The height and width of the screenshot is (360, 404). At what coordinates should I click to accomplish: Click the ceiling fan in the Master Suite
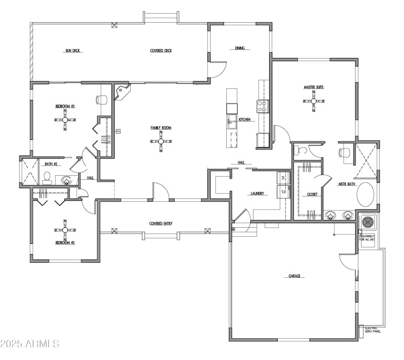[x=313, y=100]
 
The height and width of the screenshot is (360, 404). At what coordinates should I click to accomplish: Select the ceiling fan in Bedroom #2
[x=65, y=230]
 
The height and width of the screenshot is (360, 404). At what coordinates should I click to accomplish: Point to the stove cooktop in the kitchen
[x=263, y=106]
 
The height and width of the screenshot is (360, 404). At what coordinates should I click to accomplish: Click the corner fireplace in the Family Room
[x=123, y=92]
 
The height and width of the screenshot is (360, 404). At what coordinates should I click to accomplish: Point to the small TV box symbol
[x=118, y=131]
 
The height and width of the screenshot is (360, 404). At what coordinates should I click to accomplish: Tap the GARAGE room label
[x=294, y=276]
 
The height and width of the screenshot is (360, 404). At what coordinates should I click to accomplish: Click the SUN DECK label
[x=73, y=50]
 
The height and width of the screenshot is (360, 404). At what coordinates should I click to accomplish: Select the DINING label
[x=239, y=48]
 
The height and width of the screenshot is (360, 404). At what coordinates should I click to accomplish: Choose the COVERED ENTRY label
[x=161, y=223]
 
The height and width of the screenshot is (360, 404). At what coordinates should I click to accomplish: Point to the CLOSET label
[x=312, y=194]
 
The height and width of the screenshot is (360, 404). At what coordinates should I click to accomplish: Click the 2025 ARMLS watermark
[x=30, y=344]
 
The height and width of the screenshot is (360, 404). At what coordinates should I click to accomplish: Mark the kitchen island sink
[x=231, y=120]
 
